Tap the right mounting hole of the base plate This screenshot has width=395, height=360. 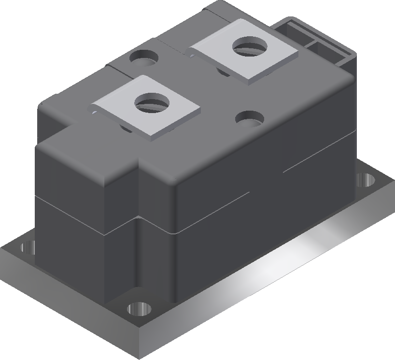[x=367, y=180]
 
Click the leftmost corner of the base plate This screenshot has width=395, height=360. [x=1, y=249]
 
